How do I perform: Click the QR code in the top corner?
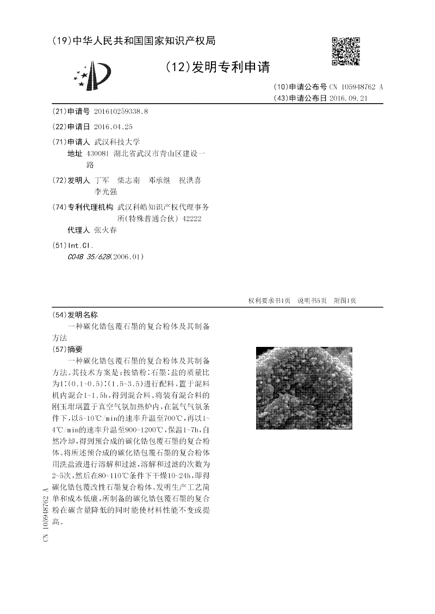(x=345, y=52)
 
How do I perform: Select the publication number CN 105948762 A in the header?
(x=357, y=87)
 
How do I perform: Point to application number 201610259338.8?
(x=121, y=111)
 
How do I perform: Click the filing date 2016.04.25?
(x=113, y=126)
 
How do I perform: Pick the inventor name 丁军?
(x=101, y=180)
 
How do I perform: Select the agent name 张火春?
(x=105, y=230)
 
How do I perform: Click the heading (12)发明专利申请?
(x=216, y=67)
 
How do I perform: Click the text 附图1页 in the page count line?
(x=345, y=301)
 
